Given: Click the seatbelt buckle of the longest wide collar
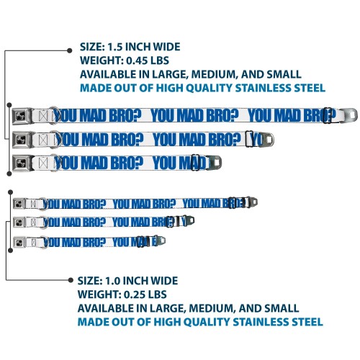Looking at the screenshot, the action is [x=22, y=116].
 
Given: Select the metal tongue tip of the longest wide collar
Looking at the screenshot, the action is [x=348, y=114].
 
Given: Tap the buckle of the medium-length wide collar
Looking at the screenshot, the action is [x=22, y=139].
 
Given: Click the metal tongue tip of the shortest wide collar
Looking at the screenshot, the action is [x=215, y=163].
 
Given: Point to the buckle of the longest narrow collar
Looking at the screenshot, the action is [x=19, y=204].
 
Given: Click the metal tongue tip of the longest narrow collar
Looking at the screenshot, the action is [x=251, y=202].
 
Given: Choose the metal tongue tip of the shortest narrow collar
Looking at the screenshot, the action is [x=161, y=240].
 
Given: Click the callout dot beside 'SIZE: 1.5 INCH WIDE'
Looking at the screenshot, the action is [x=70, y=50].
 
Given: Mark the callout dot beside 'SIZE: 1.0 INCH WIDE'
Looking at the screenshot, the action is [x=71, y=280].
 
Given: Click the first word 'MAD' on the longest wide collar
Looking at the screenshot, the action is [x=93, y=115].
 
